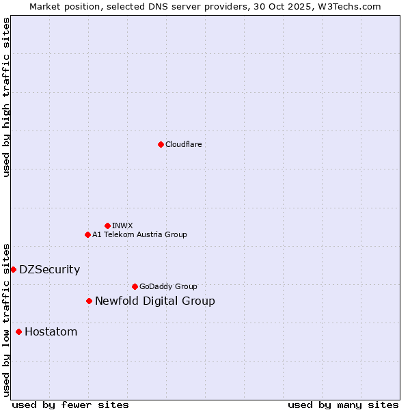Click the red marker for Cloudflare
161,144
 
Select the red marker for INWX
107,225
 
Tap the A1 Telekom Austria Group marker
87,234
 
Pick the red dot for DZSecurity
13,269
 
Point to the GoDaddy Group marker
135,286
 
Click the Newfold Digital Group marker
89,301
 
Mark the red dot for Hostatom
18,331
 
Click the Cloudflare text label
183,144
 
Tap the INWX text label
122,225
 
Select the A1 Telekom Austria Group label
139,234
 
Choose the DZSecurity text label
49,269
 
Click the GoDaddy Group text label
168,286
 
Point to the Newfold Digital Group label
154,301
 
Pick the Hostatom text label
51,331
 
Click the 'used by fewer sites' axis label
70,405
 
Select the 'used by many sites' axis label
343,405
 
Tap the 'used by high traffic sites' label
6,97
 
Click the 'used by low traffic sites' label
6,319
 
